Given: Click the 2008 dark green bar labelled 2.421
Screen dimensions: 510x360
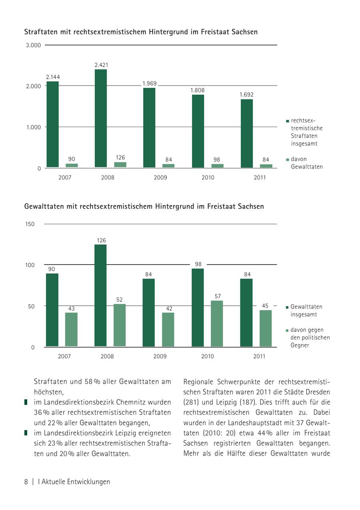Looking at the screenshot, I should pos(101,118).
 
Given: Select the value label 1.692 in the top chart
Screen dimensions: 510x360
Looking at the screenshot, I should pos(246,95).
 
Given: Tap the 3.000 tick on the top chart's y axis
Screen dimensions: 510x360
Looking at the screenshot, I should pos(34,45).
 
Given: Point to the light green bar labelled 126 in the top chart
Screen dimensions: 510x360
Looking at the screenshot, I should pos(120,165).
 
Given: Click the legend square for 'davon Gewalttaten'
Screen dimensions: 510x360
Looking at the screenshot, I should pos(287,159).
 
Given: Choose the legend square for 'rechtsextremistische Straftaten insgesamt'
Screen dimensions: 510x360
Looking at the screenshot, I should pos(287,121).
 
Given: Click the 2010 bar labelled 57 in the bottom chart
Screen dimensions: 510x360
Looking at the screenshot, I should pos(217,323).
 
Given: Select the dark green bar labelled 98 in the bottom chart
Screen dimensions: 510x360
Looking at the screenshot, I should pos(198,307).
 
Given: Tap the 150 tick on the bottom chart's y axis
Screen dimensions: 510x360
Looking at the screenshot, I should pos(30,224).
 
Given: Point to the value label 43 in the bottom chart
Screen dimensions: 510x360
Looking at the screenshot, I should pos(71,309).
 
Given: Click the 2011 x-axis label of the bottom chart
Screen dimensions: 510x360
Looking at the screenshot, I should pos(259,356).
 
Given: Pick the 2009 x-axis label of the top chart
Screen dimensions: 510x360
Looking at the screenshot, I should pos(160,177).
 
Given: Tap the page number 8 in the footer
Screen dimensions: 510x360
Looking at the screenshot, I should pos(26,482).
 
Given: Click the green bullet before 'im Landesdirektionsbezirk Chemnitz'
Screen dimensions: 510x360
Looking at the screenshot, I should pos(26,402).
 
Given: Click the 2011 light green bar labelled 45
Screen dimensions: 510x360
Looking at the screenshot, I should pos(266,328).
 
